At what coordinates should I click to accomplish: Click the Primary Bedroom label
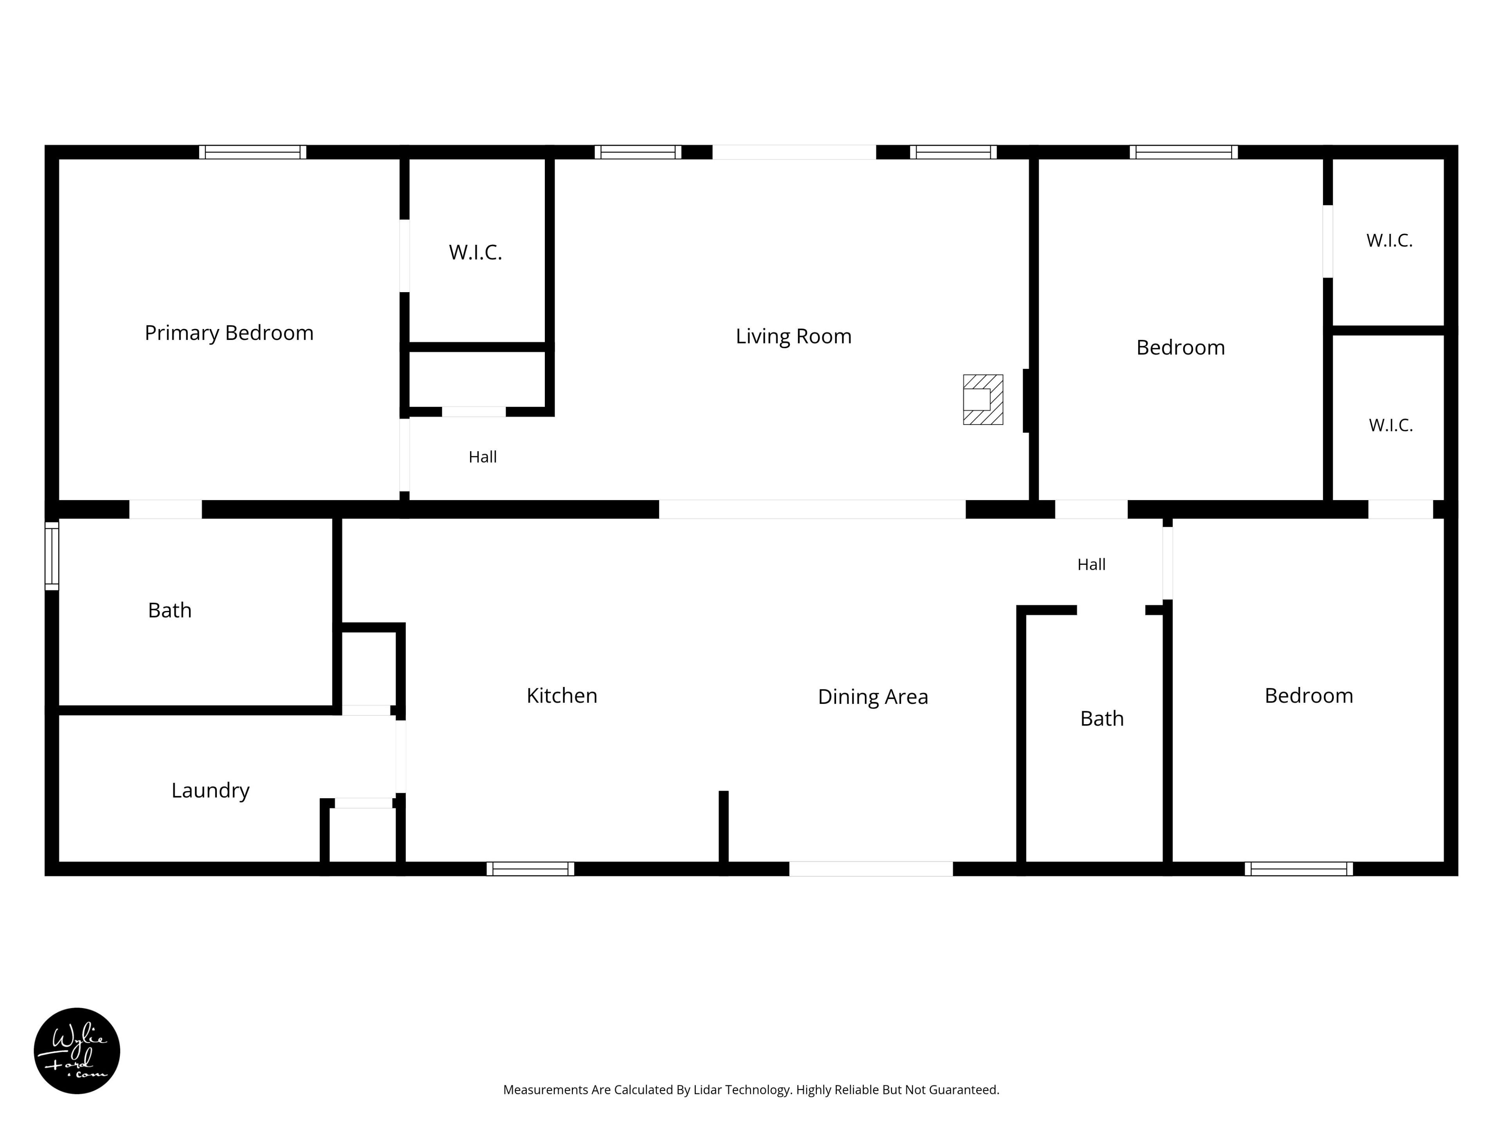229,333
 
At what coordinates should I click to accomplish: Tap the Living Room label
794,336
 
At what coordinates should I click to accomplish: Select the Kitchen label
562,696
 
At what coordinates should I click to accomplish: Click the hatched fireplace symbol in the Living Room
982,400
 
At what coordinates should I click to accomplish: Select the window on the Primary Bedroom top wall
253,152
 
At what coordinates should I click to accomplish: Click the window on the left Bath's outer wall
52,555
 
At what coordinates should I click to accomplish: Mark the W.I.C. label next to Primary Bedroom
476,252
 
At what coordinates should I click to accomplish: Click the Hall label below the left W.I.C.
483,457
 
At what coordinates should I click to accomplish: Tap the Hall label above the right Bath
1091,564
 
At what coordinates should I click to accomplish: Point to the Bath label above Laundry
170,611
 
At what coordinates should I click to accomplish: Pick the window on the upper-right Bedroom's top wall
1184,152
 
